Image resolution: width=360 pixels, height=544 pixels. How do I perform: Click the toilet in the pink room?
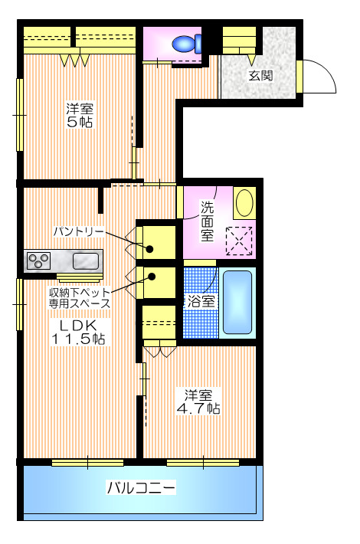coord(185,44)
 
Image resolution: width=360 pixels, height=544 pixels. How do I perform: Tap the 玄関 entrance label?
coord(258,76)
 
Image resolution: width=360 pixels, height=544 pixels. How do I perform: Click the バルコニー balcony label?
coord(141,487)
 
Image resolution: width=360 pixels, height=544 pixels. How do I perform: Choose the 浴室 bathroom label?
coord(201,301)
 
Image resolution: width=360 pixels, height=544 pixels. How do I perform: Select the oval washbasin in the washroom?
coord(244,203)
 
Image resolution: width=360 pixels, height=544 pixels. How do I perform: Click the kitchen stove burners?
coord(38,261)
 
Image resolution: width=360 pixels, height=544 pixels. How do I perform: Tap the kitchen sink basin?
coord(84,261)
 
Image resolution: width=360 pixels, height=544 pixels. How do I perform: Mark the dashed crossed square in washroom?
coord(239,241)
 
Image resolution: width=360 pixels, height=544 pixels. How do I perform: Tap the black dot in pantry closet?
coord(151,248)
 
